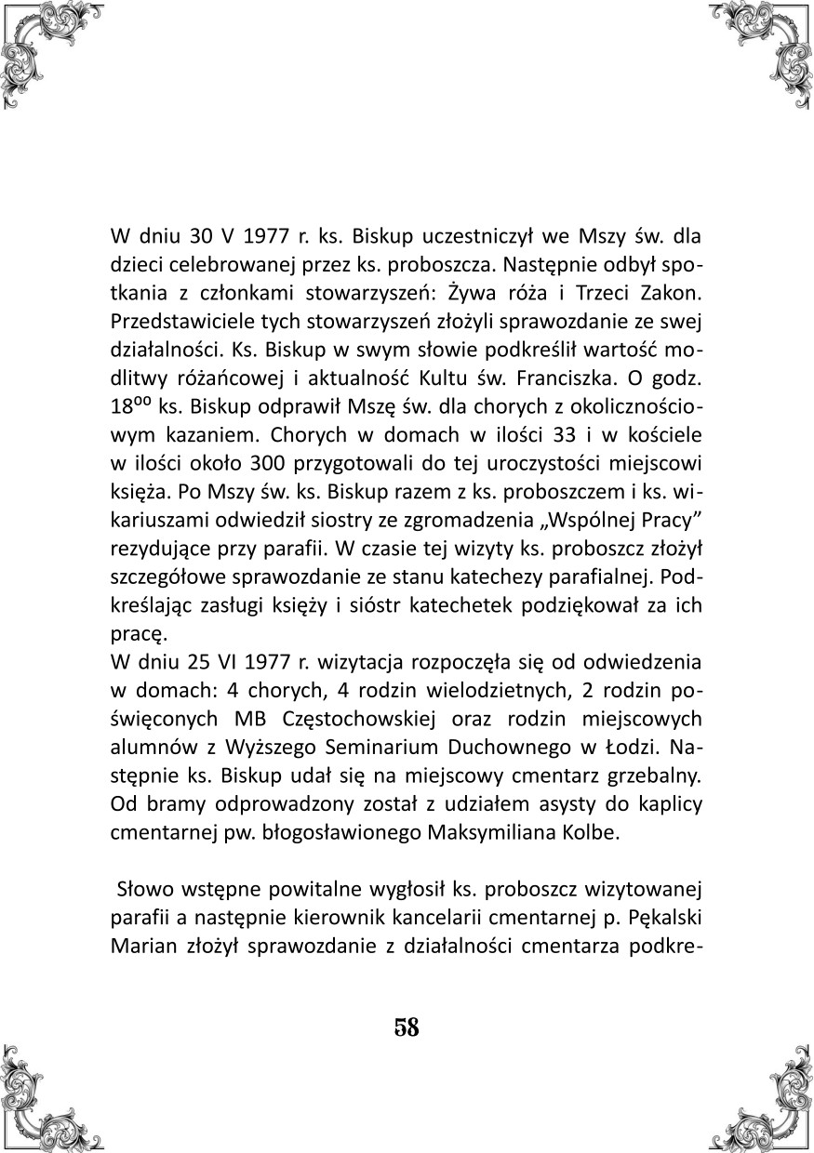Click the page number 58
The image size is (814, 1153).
click(407, 1027)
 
